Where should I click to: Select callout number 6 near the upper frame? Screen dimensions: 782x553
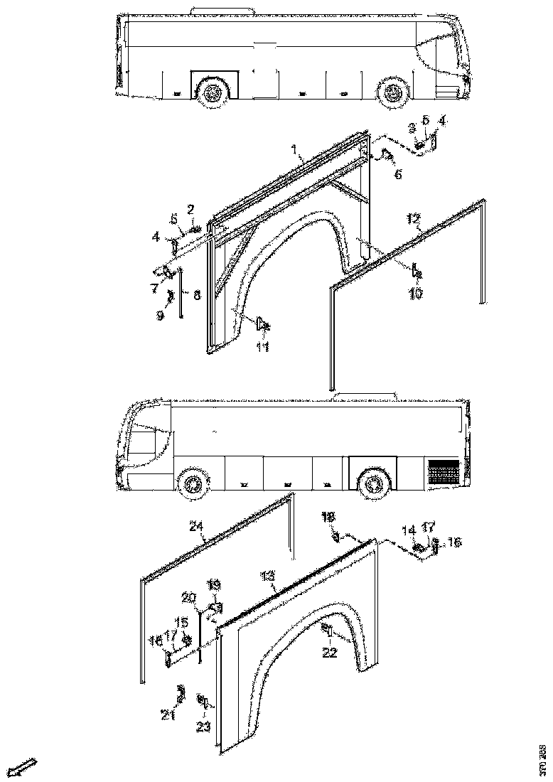[x=397, y=174]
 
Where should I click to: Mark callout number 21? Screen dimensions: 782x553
[x=168, y=715]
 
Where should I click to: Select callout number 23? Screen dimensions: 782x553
[x=203, y=727]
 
